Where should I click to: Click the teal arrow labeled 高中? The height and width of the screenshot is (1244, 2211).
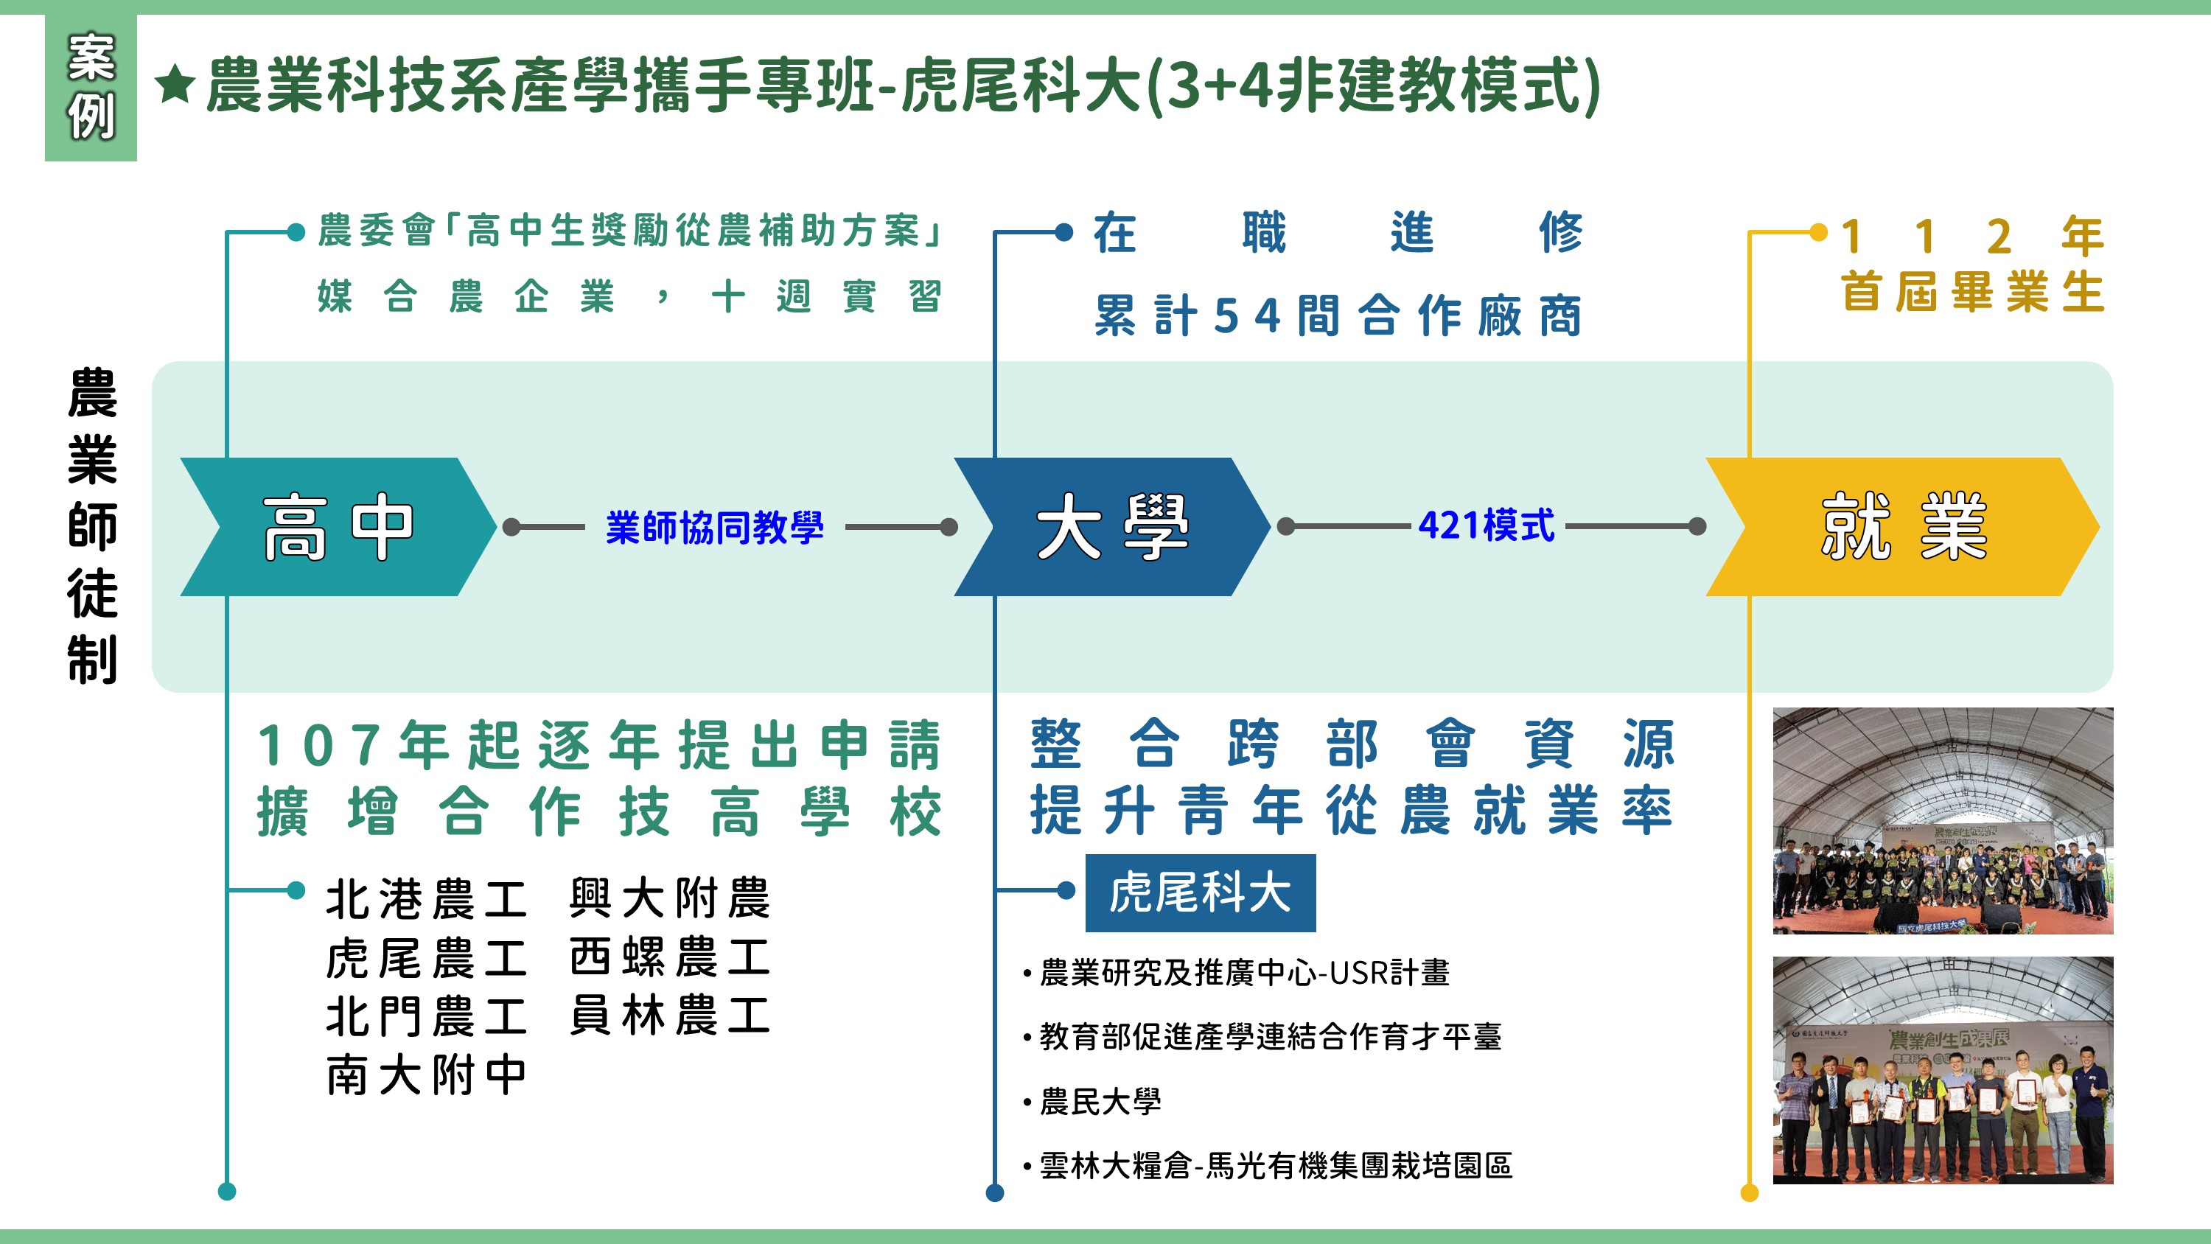pos(337,526)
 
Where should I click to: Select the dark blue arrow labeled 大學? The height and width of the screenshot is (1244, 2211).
pos(1111,526)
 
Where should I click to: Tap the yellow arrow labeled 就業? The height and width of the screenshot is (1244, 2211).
pos(1902,526)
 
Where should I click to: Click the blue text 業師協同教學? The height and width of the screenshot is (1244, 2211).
pos(714,526)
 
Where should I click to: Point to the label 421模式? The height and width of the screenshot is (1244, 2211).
pos(1486,525)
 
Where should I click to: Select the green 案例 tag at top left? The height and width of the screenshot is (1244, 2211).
pos(90,87)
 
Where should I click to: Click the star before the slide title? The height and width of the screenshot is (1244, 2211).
pos(176,85)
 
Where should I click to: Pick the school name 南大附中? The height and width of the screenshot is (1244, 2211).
pos(426,1075)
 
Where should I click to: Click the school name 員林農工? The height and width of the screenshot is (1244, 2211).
pos(669,1016)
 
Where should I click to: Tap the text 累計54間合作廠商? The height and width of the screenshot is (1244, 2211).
pos(1337,315)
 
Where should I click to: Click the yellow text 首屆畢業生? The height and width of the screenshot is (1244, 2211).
pos(1972,292)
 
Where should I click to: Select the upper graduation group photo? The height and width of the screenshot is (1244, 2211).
pos(1942,821)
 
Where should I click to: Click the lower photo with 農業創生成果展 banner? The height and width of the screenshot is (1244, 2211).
pos(1942,1070)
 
